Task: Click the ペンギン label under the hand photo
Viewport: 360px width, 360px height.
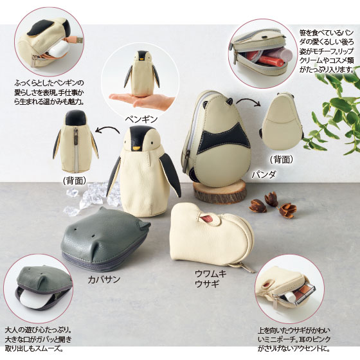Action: [x=141, y=120]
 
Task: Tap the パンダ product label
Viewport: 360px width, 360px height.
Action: [x=264, y=175]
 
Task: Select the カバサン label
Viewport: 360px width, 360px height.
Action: [x=104, y=279]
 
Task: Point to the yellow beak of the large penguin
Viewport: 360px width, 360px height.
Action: [x=137, y=148]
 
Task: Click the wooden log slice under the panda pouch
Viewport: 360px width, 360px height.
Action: [x=220, y=192]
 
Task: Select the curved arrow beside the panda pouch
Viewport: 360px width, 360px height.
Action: [x=248, y=102]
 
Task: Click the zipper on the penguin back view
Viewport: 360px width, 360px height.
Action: [x=76, y=149]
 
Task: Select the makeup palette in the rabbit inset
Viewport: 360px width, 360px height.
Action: [x=302, y=294]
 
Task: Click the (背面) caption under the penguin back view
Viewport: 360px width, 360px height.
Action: [x=75, y=181]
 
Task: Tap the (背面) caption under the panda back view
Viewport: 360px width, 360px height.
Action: [x=282, y=159]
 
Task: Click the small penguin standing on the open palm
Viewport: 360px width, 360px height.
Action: [x=141, y=73]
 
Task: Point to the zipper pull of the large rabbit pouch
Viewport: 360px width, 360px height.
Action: [x=246, y=268]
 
